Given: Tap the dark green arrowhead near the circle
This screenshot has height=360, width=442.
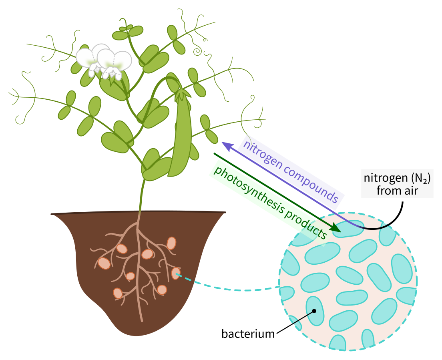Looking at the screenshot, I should click(336, 229).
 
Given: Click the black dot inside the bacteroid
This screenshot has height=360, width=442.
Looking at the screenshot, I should click(314, 311).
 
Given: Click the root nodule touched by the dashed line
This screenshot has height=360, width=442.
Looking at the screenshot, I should click(176, 274).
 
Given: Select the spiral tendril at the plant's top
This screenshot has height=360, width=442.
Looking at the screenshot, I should click(197, 51).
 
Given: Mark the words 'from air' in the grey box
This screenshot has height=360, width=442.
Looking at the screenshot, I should click(397, 190).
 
